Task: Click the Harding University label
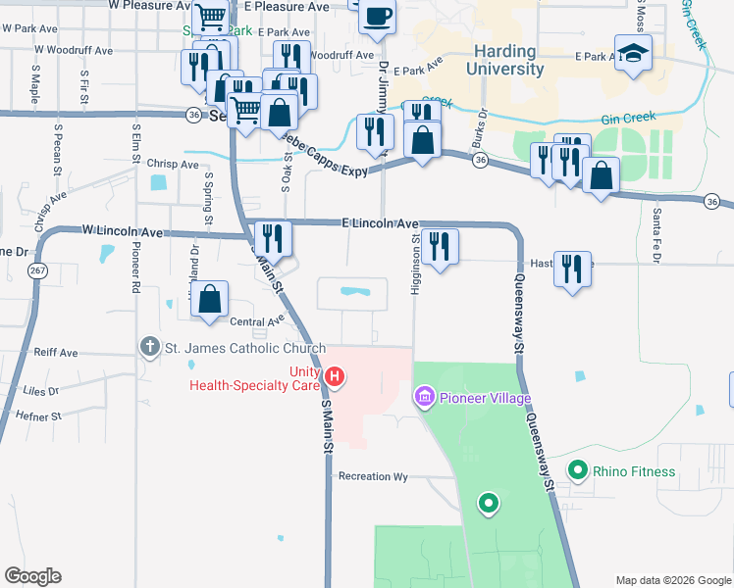click(x=507, y=61)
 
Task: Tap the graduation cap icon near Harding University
click(x=633, y=55)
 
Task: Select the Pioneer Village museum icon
click(x=425, y=398)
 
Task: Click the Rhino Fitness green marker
click(x=578, y=471)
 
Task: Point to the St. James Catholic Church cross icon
click(x=149, y=346)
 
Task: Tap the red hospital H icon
click(x=335, y=375)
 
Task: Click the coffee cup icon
click(x=378, y=17)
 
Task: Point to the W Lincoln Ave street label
click(x=123, y=231)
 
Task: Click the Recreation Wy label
click(x=373, y=476)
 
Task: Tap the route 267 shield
click(x=37, y=269)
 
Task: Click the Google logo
click(x=32, y=576)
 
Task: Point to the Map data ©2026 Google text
click(x=672, y=580)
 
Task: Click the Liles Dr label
click(x=40, y=390)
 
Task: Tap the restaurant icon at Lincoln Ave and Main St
click(x=272, y=238)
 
